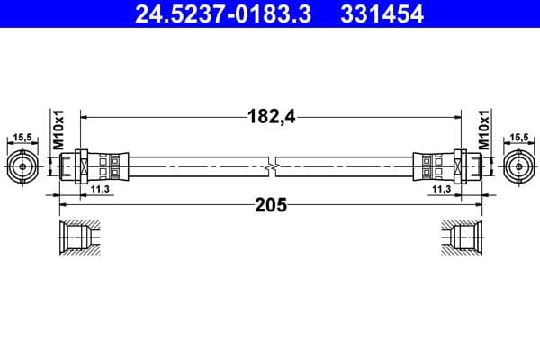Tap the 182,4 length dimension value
click(x=271, y=115)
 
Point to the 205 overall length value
click(x=271, y=205)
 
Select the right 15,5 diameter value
click(x=518, y=138)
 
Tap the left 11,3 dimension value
click(x=101, y=191)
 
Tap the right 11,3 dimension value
click(x=441, y=191)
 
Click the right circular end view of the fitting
click(x=518, y=166)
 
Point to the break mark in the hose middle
click(x=271, y=166)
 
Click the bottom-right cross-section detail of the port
click(x=462, y=239)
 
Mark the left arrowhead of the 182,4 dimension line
click(x=85, y=115)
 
